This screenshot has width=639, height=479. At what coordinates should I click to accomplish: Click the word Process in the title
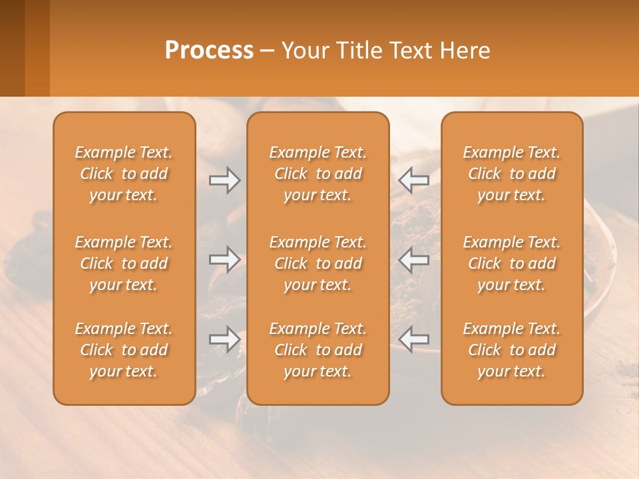pos(209,50)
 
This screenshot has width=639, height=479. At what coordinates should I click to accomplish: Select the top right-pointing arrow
pos(225,180)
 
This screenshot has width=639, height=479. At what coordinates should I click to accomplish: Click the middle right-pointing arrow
pos(225,259)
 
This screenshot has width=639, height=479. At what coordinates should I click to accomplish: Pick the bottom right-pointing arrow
pos(225,339)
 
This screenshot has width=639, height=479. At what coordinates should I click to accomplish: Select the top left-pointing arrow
pos(413,180)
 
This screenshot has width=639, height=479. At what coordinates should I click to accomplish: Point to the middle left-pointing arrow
pos(413,259)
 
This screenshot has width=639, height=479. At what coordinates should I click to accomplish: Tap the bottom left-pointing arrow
pos(413,339)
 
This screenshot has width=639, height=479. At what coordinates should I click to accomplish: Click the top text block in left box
pos(124,174)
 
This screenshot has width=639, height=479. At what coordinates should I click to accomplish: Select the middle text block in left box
pos(124,263)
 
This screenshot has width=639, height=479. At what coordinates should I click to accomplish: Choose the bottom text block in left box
pos(124,350)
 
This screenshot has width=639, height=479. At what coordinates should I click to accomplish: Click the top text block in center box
pos(318,174)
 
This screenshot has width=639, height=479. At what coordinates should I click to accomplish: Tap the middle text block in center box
pos(318,263)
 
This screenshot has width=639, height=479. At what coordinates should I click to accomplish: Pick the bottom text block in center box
pos(318,350)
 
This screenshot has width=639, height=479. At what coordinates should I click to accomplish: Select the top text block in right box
pos(511,174)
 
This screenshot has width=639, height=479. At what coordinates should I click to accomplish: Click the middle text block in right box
pos(511,263)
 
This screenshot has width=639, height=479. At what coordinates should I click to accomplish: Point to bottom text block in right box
pos(511,350)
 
